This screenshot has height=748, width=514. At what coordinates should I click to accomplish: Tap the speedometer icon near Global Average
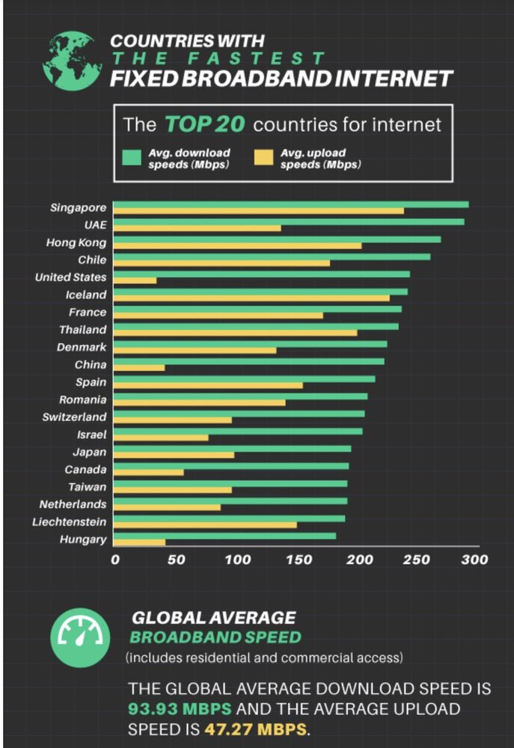coord(80,637)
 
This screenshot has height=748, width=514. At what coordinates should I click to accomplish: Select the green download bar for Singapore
coord(291,204)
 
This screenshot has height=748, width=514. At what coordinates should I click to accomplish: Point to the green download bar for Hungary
coord(224,536)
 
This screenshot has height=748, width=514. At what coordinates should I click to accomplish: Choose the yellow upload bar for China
coord(139,368)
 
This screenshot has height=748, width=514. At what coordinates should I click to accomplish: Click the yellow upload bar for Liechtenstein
coord(205,525)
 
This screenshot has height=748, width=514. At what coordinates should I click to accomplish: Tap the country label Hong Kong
coord(76,242)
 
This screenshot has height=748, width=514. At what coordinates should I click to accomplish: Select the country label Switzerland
coord(74,417)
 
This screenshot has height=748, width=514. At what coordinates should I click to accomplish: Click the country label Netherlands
coord(73,504)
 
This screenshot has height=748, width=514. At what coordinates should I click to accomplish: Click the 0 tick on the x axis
coord(115,559)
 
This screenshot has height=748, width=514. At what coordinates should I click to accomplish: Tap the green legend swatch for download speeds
coord(132,157)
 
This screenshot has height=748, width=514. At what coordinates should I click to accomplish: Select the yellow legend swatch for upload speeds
coord(266,157)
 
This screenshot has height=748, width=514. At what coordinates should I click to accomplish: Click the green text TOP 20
coord(204,123)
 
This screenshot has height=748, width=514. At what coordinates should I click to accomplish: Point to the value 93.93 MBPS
coord(180,708)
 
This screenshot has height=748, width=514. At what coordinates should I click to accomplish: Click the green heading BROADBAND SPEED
coord(215,637)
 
